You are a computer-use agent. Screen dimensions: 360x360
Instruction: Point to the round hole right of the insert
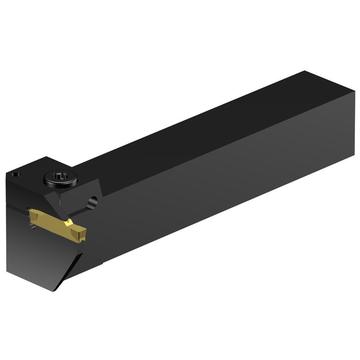92,201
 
